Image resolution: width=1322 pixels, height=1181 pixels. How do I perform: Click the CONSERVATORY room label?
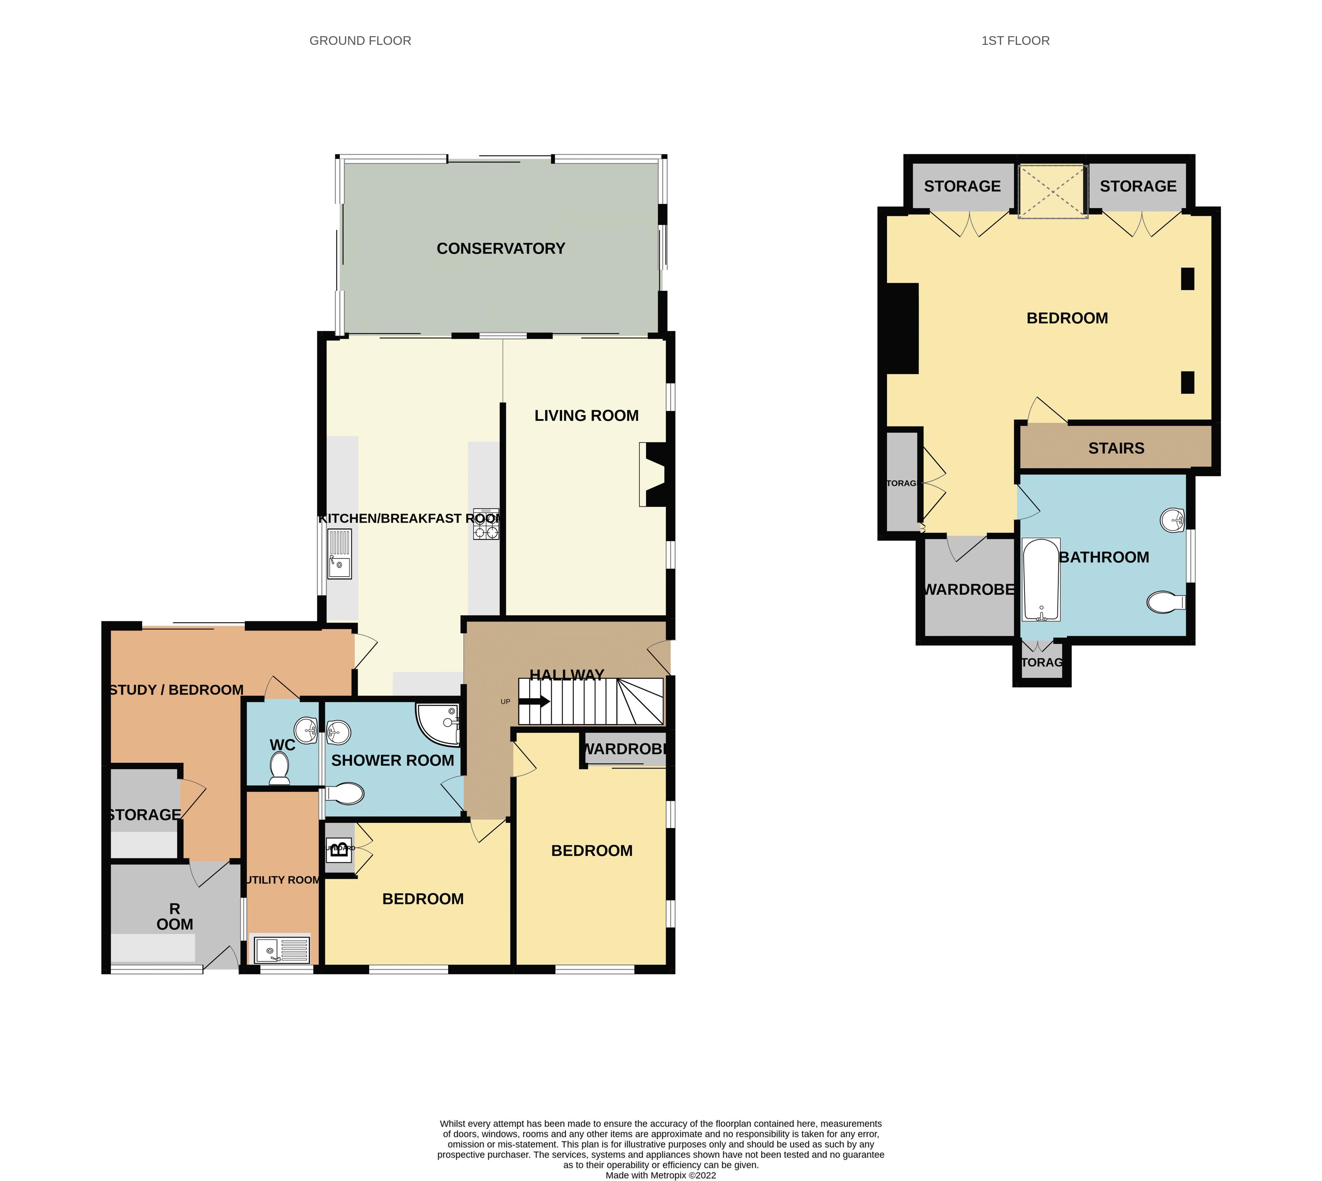coord(501,248)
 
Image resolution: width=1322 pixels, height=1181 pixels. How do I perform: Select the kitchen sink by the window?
coord(339,554)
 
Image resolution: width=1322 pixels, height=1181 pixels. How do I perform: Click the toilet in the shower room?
coord(345,793)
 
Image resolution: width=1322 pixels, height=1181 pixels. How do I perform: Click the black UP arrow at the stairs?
coord(535,701)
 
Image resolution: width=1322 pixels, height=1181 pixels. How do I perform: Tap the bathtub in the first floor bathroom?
coord(1041,580)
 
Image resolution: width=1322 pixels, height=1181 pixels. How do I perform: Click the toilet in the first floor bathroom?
coord(1165,602)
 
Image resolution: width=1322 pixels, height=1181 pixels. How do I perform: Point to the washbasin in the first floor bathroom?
coord(1173,520)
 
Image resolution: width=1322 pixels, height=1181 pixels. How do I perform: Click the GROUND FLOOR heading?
coord(360,41)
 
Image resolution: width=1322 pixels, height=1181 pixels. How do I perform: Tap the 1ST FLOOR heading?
coord(1015,41)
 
